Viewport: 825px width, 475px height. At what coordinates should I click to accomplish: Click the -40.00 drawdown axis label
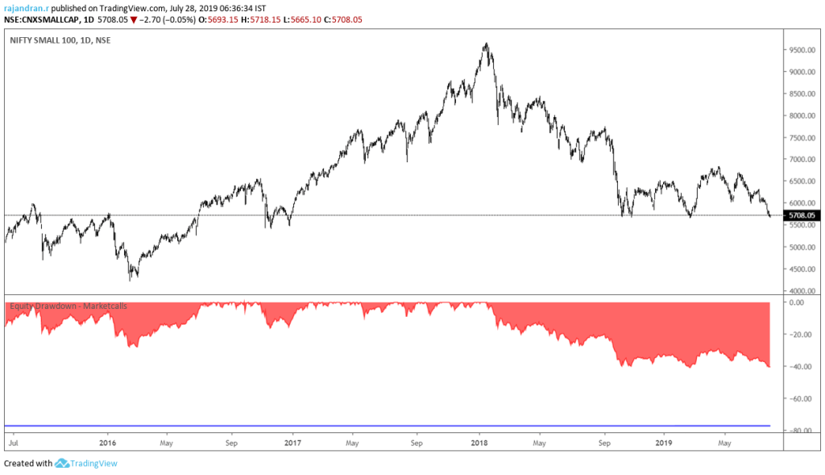pyautogui.click(x=801, y=367)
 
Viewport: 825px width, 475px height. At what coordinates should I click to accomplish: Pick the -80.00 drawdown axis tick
pyautogui.click(x=801, y=431)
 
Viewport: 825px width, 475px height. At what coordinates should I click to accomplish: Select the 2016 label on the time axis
pyautogui.click(x=108, y=443)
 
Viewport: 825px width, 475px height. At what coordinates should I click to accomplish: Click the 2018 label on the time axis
pyautogui.click(x=479, y=443)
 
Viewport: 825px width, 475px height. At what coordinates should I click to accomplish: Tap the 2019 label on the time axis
pyautogui.click(x=664, y=443)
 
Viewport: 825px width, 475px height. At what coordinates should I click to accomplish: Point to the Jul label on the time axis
pyautogui.click(x=13, y=443)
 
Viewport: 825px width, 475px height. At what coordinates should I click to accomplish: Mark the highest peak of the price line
pyautogui.click(x=486, y=44)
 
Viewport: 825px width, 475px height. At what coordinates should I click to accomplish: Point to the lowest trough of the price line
pyautogui.click(x=131, y=279)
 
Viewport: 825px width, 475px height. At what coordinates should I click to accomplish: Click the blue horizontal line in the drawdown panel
pyautogui.click(x=387, y=425)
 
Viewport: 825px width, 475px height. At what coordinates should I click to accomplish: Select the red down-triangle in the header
pyautogui.click(x=134, y=19)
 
